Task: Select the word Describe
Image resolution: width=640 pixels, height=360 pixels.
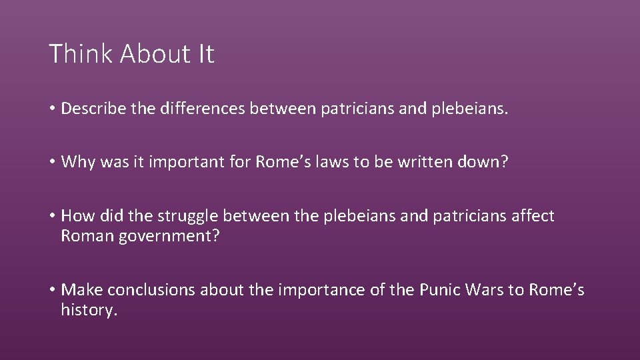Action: coord(90,109)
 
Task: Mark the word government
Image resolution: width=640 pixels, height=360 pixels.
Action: coord(164,237)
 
